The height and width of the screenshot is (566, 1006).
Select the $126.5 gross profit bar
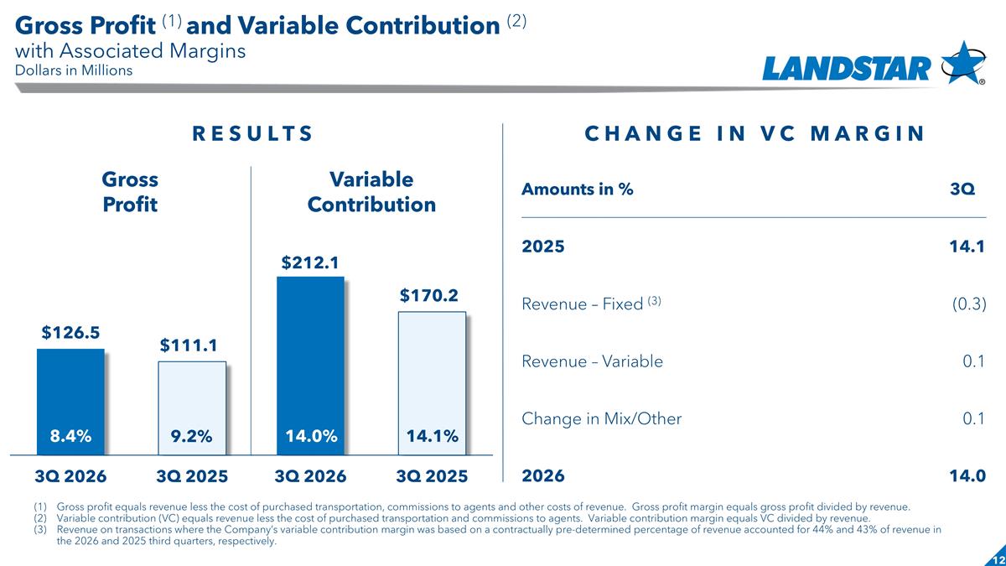(x=70, y=402)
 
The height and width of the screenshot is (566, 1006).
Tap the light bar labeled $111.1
(x=192, y=408)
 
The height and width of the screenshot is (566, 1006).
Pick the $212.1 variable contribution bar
(x=310, y=366)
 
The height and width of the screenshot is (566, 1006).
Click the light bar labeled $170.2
(x=432, y=383)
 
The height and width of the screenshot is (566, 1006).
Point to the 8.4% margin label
(x=70, y=436)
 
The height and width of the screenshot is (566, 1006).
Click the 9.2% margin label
(x=191, y=436)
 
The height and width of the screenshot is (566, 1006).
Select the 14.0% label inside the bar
(x=311, y=436)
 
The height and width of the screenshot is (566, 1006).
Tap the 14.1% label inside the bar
(x=432, y=436)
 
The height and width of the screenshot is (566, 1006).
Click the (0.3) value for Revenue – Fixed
(x=969, y=304)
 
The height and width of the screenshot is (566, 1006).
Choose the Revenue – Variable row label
(x=592, y=361)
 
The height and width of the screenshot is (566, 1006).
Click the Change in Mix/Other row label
(x=601, y=418)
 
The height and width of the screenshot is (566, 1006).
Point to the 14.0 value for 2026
(x=967, y=475)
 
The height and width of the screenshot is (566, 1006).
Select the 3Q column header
(x=962, y=190)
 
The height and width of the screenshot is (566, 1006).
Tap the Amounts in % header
(x=577, y=190)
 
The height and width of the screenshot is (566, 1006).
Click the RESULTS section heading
(x=252, y=133)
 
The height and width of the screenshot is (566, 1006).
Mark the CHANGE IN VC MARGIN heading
(x=754, y=133)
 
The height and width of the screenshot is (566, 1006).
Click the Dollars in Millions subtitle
(x=74, y=70)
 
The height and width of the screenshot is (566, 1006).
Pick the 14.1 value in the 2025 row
(x=967, y=247)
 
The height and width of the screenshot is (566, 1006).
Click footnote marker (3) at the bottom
(x=40, y=530)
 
